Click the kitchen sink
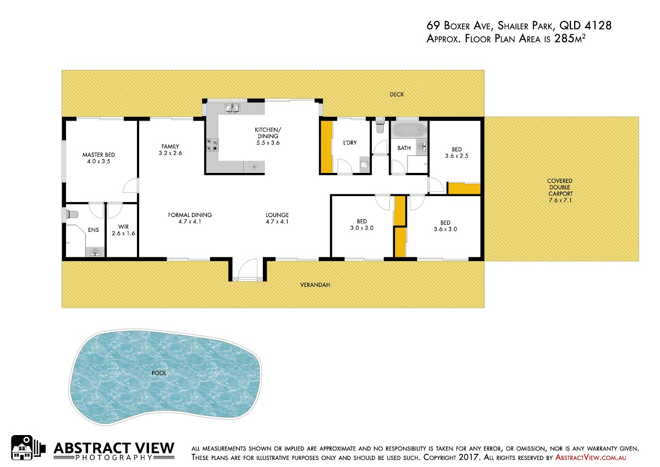click(x=233, y=108)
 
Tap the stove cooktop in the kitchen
click(x=212, y=145)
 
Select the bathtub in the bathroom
click(x=408, y=130)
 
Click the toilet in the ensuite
click(x=71, y=214)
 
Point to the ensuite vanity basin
click(x=95, y=252)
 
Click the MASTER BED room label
click(x=98, y=155)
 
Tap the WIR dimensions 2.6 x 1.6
click(x=123, y=233)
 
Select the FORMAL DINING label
click(x=190, y=215)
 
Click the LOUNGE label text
click(x=277, y=215)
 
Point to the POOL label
click(x=159, y=373)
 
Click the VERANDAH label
click(x=315, y=285)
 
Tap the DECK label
click(x=397, y=94)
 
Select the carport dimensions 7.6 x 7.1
click(x=559, y=200)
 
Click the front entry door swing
click(x=248, y=269)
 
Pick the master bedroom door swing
click(x=130, y=185)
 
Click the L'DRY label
click(x=350, y=143)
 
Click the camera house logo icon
click(x=28, y=448)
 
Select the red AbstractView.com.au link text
click(x=591, y=457)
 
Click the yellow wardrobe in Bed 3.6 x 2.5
click(x=464, y=189)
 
